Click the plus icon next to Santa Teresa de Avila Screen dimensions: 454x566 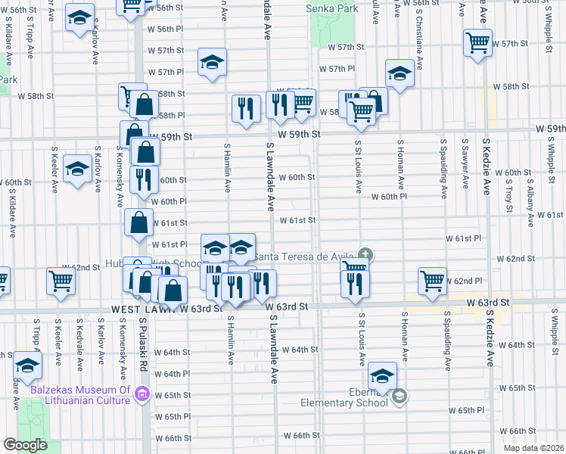[x=365, y=253]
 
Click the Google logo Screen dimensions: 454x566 [x=25, y=445]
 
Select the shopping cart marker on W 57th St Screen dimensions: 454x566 [x=477, y=42]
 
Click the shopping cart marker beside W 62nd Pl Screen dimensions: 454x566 [x=433, y=280]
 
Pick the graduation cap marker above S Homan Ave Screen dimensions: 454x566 [x=399, y=73]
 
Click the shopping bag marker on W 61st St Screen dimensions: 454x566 [x=138, y=224]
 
